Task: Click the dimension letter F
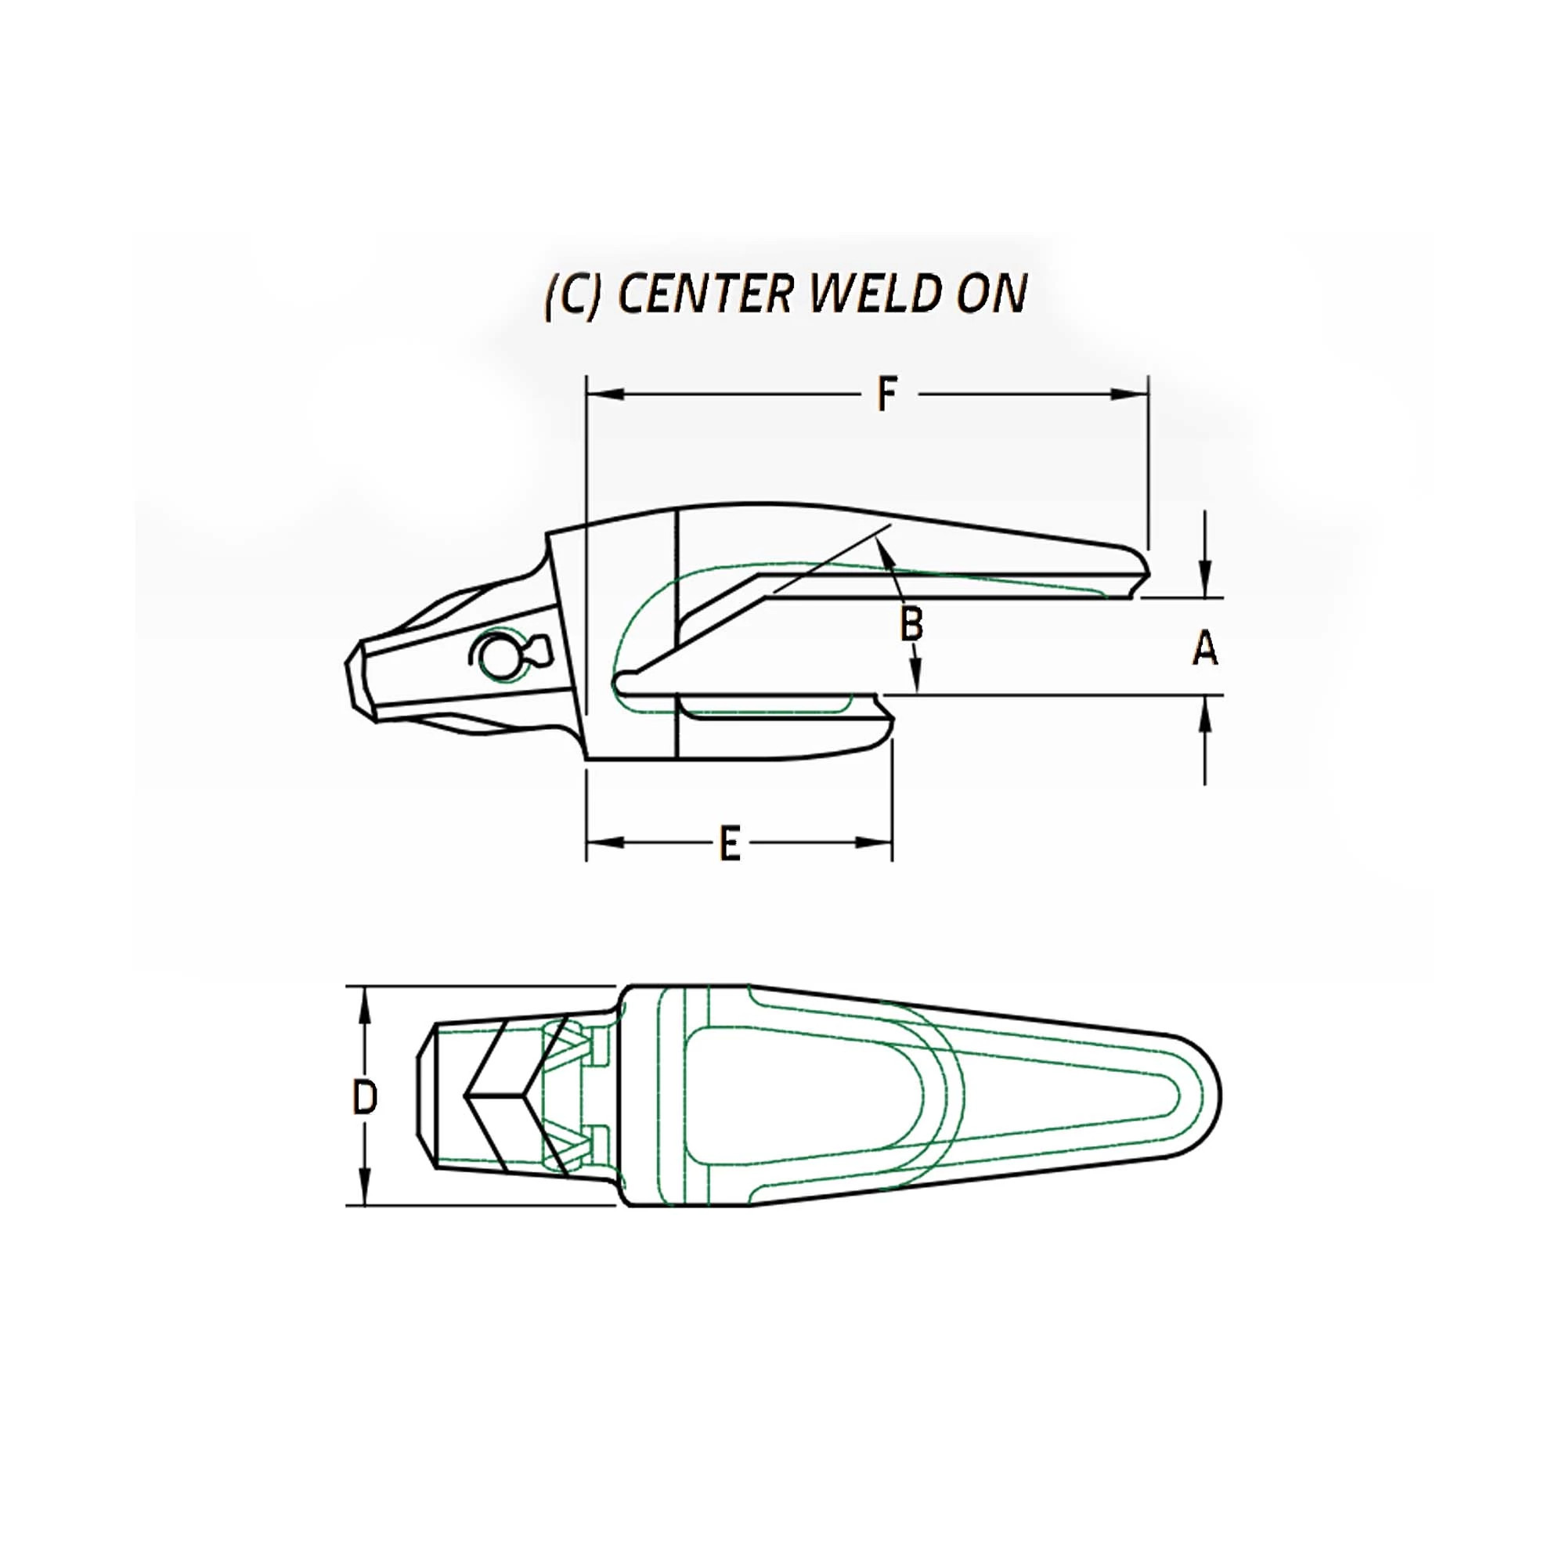[x=888, y=395]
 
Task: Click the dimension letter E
[x=731, y=844]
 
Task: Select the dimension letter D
[x=365, y=1098]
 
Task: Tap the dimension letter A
[x=1204, y=649]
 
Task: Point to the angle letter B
[x=912, y=625]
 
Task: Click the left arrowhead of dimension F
[x=604, y=395]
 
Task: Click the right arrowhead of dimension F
[x=1129, y=395]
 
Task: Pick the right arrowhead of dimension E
[x=874, y=843]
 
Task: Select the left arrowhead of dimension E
[x=604, y=843]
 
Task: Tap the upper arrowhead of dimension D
[x=365, y=1005]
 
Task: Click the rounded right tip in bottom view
[x=1216, y=1097]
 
